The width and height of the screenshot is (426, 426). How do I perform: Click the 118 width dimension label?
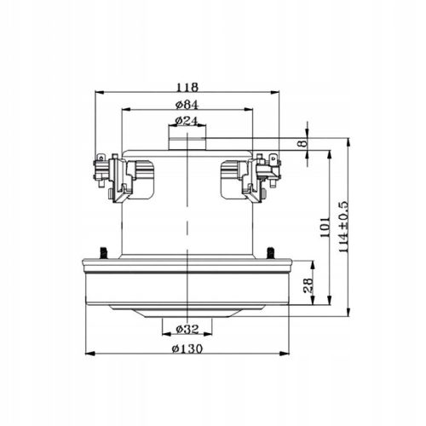click(188, 87)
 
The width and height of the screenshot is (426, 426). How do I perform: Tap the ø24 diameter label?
click(186, 121)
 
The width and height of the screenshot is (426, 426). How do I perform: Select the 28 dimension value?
click(308, 286)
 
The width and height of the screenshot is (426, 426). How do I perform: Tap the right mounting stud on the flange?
click(270, 251)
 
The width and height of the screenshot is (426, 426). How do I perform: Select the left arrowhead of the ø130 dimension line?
click(86, 355)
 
